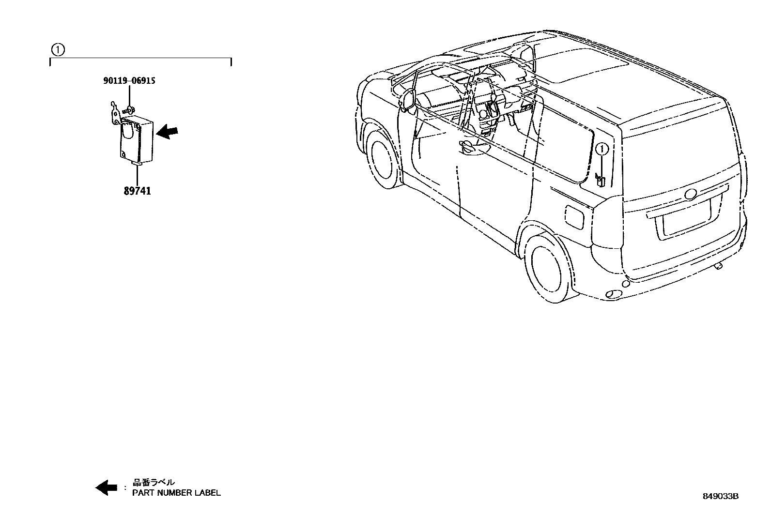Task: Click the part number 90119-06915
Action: pyautogui.click(x=129, y=81)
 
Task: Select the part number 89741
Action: pyautogui.click(x=137, y=191)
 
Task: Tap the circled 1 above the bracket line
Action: pyautogui.click(x=58, y=49)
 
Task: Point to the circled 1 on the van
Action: pyautogui.click(x=602, y=150)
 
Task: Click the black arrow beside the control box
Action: pyautogui.click(x=168, y=131)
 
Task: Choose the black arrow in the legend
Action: pyautogui.click(x=106, y=487)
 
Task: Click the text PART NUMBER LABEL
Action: pyautogui.click(x=177, y=493)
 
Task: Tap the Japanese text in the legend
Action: pyautogui.click(x=154, y=482)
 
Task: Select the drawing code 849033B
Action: pyautogui.click(x=721, y=496)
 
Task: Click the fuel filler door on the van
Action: pyautogui.click(x=575, y=216)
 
